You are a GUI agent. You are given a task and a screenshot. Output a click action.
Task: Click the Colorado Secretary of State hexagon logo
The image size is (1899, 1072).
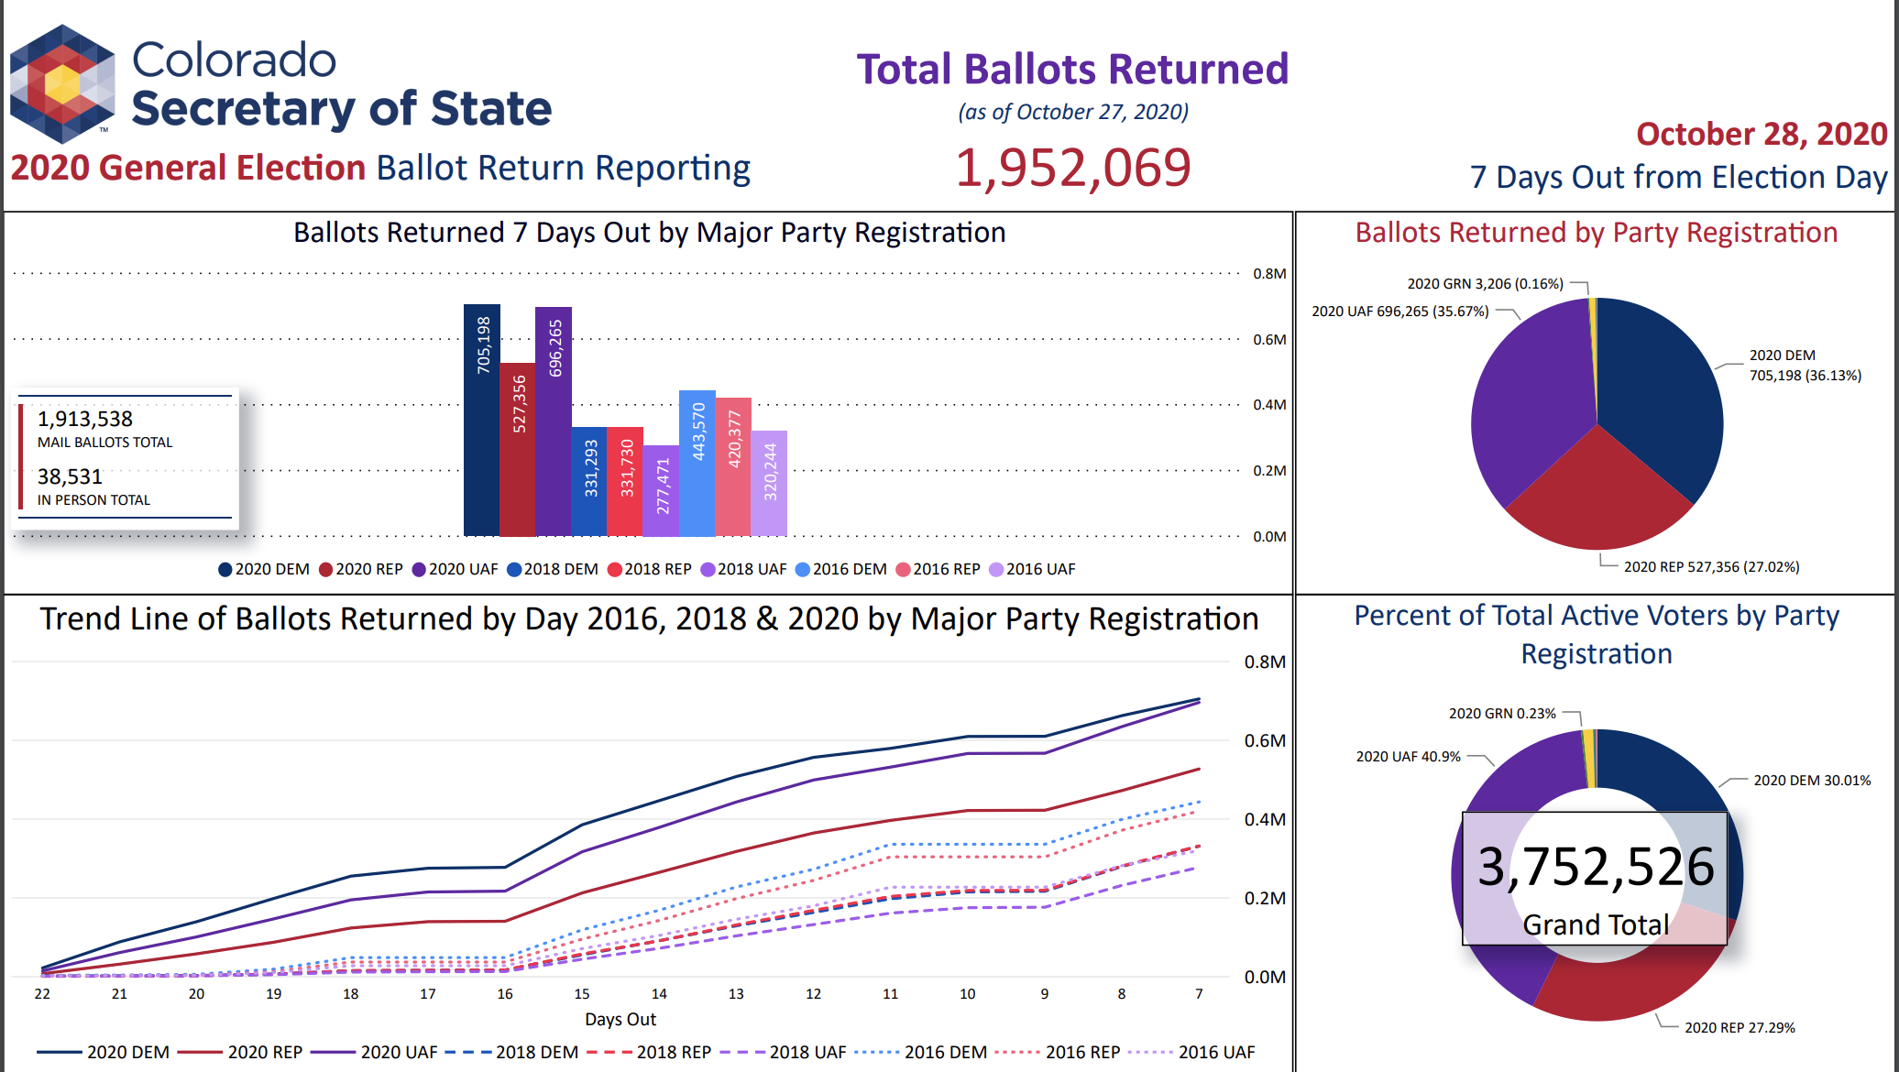point(62,84)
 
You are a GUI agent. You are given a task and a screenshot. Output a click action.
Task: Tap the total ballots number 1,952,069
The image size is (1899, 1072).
point(1072,169)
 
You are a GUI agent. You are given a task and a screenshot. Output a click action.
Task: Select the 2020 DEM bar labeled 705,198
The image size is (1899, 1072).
point(481,421)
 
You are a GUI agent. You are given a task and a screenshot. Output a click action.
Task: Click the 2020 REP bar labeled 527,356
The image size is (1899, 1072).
point(517,449)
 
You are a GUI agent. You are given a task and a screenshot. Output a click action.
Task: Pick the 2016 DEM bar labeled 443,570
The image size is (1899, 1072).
point(697,463)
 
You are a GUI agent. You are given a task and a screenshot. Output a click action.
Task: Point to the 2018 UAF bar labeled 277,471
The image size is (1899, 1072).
point(661,490)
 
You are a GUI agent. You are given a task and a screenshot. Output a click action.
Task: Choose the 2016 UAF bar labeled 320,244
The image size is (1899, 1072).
point(769,483)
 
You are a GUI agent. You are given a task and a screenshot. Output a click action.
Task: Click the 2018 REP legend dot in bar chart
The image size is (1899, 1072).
point(615,570)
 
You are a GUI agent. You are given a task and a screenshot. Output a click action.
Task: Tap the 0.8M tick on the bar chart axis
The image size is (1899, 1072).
point(1269,274)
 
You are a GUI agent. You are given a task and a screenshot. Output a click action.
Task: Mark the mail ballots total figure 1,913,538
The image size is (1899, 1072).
point(85,420)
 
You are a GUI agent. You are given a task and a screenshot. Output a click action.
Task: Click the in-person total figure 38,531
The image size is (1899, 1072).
point(70,477)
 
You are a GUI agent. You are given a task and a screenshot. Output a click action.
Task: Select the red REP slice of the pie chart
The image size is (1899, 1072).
point(1597,495)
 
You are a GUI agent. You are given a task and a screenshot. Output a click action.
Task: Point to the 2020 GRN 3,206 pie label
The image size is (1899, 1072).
point(1485,284)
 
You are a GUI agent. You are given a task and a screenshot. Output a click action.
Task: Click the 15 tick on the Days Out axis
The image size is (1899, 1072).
point(582,994)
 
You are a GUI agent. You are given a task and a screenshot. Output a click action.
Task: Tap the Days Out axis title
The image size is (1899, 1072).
point(620,1020)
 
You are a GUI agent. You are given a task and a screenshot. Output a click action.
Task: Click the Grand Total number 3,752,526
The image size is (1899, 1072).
point(1596,867)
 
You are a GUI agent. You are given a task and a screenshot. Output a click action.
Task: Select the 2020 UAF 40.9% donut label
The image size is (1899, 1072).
point(1408,757)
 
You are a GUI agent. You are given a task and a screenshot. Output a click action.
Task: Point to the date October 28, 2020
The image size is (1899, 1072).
point(1761,135)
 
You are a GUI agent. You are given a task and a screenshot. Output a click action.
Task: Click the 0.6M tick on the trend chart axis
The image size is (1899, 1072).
point(1265,741)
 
